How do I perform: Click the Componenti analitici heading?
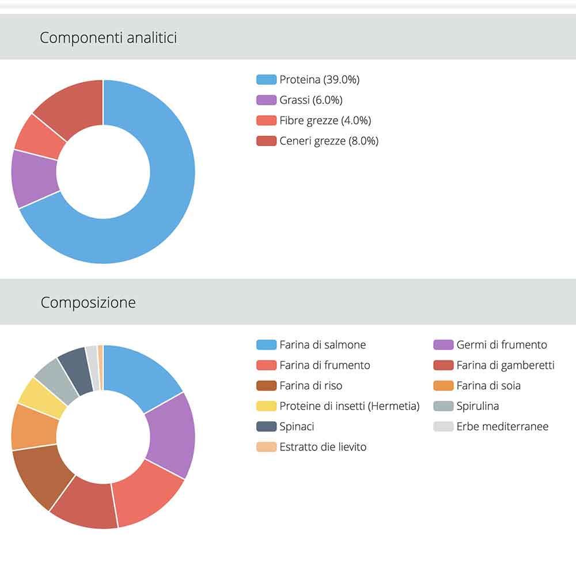(x=108, y=38)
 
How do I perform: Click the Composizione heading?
(x=88, y=302)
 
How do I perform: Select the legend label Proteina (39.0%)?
(x=319, y=79)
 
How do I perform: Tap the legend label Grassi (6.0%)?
(x=310, y=100)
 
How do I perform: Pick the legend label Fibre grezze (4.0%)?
(x=325, y=120)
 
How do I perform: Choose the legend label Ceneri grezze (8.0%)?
(x=329, y=141)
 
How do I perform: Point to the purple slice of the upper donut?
(x=35, y=179)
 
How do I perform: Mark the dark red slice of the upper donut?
(x=72, y=107)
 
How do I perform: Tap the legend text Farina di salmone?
(x=323, y=345)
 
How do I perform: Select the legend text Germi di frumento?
(x=502, y=345)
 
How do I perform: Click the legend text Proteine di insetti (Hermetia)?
(x=349, y=406)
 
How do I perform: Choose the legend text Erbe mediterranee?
(x=502, y=427)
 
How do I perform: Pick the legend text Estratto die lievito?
(x=323, y=447)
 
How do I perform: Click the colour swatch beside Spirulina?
(x=443, y=406)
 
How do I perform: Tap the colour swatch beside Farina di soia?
(x=443, y=386)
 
